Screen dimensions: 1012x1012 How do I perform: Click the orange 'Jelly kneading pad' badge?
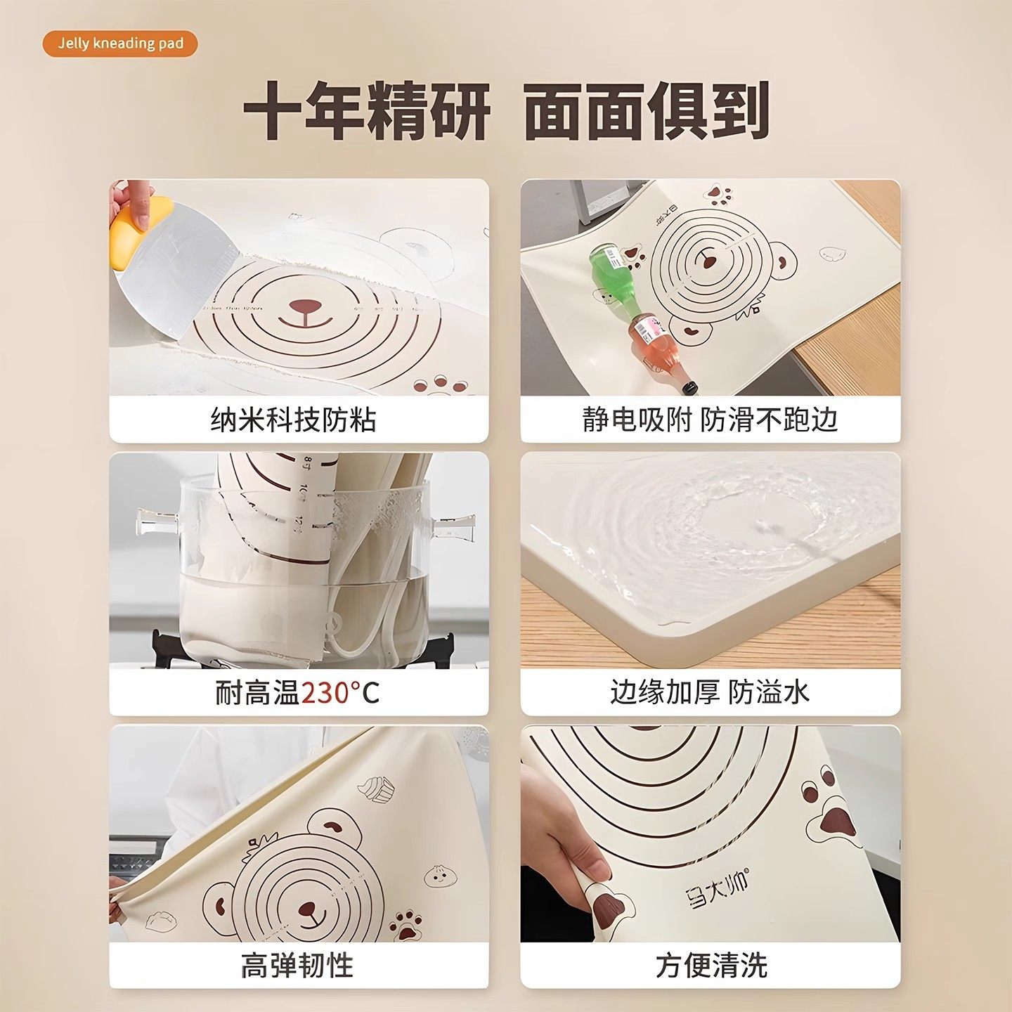tap(120, 44)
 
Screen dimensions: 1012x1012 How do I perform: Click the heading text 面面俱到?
tap(646, 111)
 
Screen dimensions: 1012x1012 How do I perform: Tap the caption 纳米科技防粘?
tap(294, 420)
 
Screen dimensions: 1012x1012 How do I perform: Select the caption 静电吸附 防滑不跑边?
tap(710, 420)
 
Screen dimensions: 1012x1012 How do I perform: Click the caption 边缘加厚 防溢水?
tap(710, 692)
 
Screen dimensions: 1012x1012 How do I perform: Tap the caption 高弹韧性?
tap(297, 965)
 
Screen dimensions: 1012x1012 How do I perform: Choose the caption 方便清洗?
tap(711, 965)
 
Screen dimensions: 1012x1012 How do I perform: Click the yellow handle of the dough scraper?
tap(137, 232)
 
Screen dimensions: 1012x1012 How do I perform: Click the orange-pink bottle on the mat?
tap(657, 344)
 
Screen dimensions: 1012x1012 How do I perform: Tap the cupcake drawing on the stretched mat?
tap(377, 789)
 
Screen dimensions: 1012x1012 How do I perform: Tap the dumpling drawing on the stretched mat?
tap(161, 921)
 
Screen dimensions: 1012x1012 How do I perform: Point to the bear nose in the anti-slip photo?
tap(708, 262)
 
